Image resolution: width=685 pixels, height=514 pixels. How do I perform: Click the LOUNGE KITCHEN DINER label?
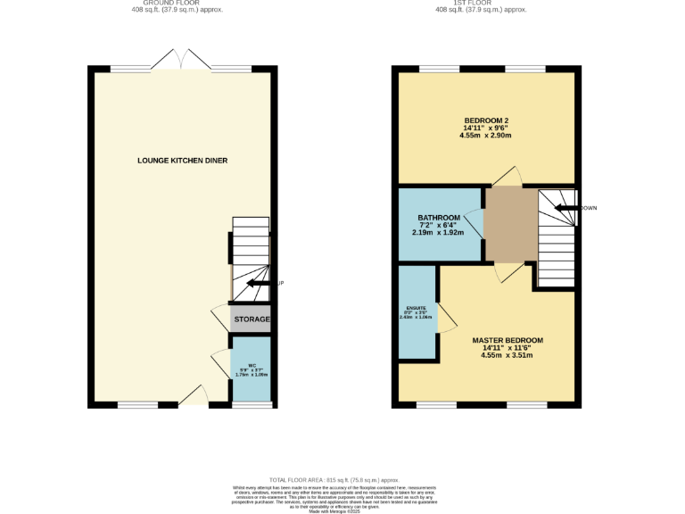tap(182, 161)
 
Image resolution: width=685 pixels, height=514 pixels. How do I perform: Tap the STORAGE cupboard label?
tap(252, 319)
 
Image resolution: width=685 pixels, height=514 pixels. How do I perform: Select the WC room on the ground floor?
tap(251, 369)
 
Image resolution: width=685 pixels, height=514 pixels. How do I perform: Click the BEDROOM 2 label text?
tap(485, 121)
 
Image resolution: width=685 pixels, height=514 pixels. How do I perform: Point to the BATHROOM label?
tap(439, 218)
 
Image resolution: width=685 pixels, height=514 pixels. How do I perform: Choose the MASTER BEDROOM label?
tap(507, 340)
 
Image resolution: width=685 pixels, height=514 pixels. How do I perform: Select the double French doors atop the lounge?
tap(181, 60)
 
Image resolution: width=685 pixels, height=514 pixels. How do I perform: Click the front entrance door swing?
tap(194, 397)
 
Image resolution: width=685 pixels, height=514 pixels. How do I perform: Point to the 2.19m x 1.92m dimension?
tap(439, 233)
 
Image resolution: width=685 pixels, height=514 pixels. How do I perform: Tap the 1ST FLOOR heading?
tap(481, 3)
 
